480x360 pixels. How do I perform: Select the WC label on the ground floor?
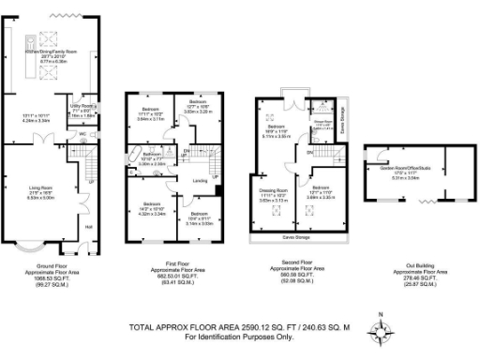(83, 134)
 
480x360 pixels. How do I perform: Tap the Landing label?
(200, 182)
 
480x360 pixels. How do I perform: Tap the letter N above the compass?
(380, 313)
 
